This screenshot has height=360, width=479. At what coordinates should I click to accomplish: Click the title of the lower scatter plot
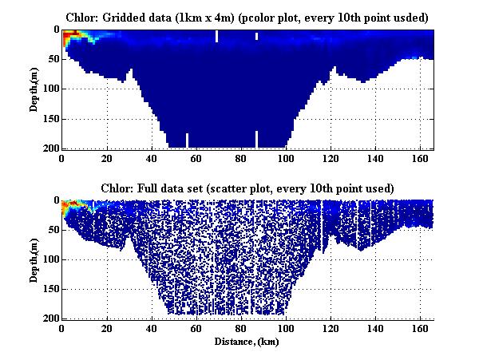(247, 188)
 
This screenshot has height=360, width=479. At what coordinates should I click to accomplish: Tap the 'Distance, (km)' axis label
(247, 342)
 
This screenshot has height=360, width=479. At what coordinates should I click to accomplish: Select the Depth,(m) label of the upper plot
(35, 89)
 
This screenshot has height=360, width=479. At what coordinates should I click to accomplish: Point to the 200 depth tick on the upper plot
(52, 148)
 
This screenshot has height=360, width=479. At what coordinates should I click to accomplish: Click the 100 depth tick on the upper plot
(52, 89)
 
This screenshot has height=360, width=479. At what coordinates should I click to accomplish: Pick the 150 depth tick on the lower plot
(52, 289)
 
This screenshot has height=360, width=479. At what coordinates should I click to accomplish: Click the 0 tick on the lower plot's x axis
(62, 328)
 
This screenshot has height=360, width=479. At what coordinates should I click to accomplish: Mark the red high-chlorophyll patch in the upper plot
(69, 34)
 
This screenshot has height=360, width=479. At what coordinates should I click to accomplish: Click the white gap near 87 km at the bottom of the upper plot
(256, 140)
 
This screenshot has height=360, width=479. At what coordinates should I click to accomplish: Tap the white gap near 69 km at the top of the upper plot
(216, 36)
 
